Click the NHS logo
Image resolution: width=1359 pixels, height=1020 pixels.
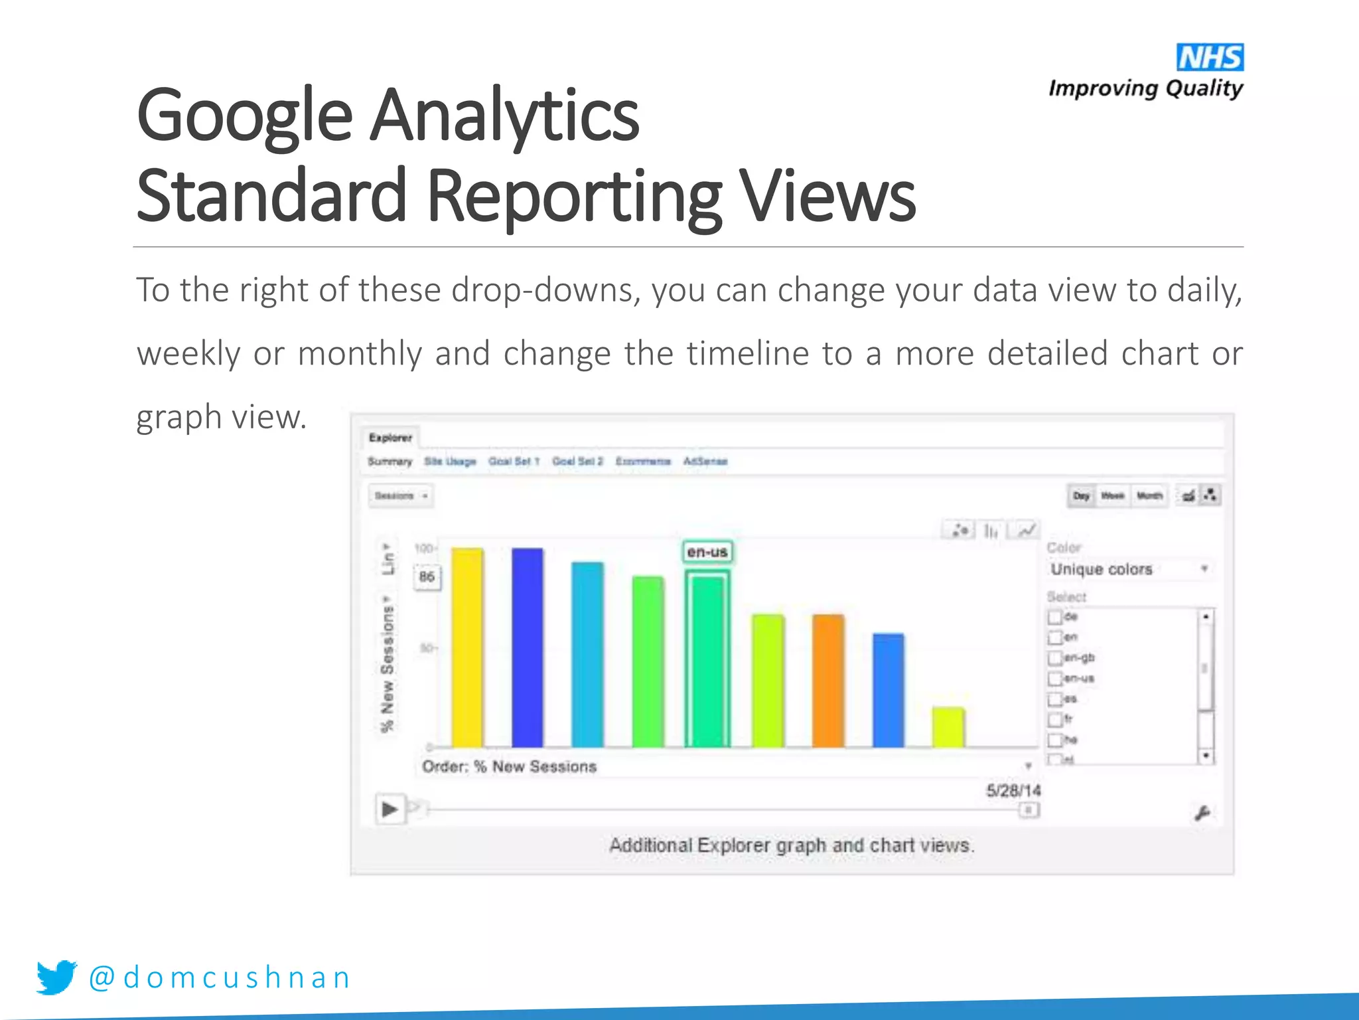click(x=1210, y=58)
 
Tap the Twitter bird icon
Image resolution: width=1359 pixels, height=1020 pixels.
click(x=56, y=977)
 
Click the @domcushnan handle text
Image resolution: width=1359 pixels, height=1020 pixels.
click(x=220, y=977)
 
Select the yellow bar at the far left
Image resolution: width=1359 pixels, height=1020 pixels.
click(x=467, y=647)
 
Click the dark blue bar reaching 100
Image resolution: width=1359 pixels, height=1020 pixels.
click(x=527, y=647)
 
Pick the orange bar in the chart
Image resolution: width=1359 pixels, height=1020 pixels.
click(x=828, y=681)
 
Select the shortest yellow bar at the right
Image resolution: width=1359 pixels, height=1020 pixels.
click(x=948, y=727)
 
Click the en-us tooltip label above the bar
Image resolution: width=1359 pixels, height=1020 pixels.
click(x=707, y=552)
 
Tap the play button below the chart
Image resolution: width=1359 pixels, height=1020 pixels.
click(x=390, y=809)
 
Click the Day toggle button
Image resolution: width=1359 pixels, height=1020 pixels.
click(x=1081, y=496)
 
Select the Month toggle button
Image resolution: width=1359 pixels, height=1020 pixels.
click(x=1149, y=496)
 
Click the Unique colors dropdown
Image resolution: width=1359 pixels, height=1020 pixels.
click(x=1129, y=569)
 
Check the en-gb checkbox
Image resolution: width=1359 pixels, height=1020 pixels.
click(x=1054, y=658)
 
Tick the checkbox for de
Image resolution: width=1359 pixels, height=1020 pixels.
click(x=1054, y=617)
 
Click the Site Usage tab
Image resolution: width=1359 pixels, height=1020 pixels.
click(x=450, y=462)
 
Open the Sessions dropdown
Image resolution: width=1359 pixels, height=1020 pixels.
click(x=401, y=496)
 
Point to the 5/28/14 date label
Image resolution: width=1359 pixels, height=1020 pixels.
click(x=1013, y=790)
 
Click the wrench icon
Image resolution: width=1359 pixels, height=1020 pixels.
click(x=1202, y=813)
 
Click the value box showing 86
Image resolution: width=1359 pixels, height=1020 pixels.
click(x=427, y=576)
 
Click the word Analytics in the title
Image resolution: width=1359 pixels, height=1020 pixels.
click(x=504, y=116)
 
